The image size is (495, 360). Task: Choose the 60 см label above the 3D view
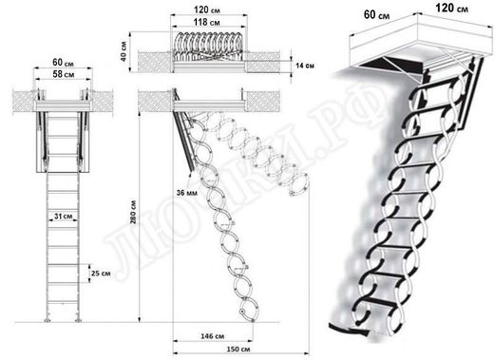[x=371, y=14]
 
